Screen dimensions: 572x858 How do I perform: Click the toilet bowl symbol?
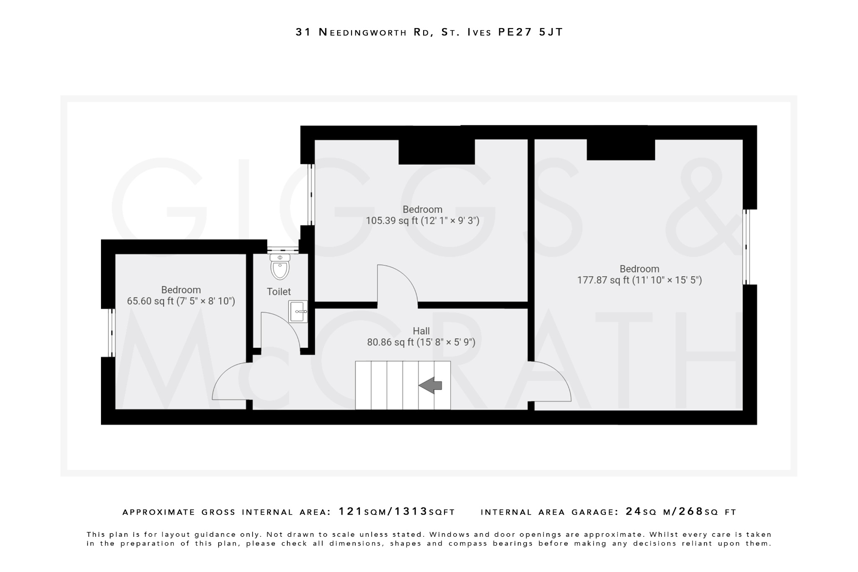coord(280,268)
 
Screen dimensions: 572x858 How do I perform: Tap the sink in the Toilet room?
coord(298,311)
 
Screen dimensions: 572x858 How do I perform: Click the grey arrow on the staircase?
coord(430,385)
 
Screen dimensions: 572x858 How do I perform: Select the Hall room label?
coord(421,331)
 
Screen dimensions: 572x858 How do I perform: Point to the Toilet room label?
coord(279,292)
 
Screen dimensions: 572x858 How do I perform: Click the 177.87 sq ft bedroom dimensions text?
coord(639,280)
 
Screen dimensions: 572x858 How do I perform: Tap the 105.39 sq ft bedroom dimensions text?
coord(422,220)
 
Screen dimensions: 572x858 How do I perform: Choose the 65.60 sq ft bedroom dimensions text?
coord(181,301)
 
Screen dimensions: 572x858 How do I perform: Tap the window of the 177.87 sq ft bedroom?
coord(746,247)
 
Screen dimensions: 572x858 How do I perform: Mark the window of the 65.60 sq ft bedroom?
coord(111,333)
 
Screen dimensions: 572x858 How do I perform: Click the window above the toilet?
coord(283,250)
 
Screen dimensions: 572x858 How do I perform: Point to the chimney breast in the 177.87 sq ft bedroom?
coord(620,150)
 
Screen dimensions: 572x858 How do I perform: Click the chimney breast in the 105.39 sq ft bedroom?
coord(436,152)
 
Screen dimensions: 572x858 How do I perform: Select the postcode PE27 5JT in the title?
coord(530,32)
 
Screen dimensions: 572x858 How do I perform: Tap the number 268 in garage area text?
coord(691,511)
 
